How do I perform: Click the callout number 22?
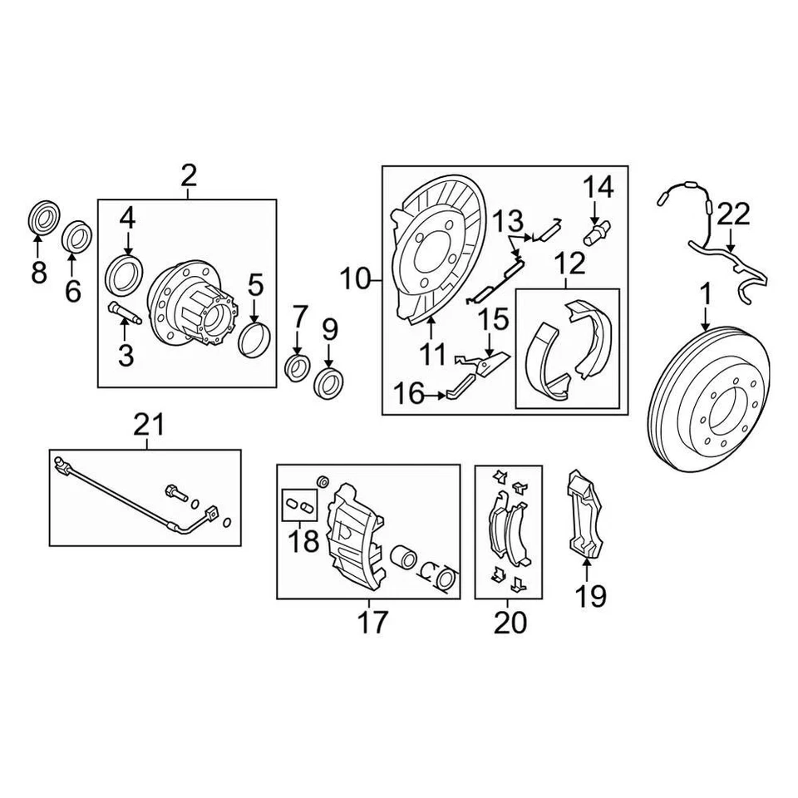(733, 214)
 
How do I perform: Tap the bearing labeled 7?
(298, 367)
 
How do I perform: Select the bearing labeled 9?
(329, 383)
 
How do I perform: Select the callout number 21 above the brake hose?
(149, 427)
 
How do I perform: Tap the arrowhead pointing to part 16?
(444, 396)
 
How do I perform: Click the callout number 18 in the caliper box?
(303, 543)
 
